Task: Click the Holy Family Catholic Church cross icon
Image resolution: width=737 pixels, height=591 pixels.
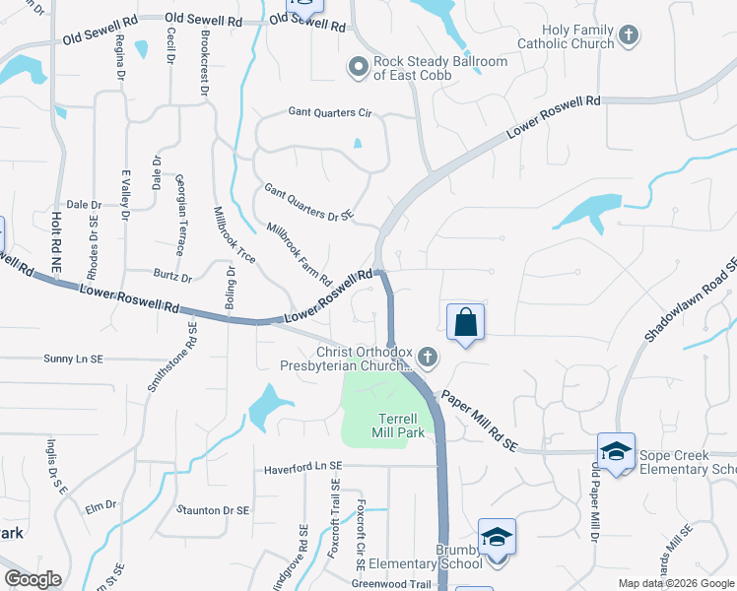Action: (629, 37)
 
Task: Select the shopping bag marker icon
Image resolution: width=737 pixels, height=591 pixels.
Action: (465, 322)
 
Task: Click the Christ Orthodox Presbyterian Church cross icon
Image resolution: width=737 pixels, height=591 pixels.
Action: (427, 356)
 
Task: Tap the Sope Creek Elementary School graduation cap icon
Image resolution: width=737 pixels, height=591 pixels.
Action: (616, 451)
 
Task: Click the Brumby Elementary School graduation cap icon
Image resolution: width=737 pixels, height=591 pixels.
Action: (498, 537)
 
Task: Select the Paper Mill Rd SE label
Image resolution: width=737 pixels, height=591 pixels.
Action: (478, 419)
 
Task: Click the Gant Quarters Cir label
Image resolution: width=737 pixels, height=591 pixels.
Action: (329, 113)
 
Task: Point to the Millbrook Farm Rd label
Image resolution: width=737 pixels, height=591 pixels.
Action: (300, 253)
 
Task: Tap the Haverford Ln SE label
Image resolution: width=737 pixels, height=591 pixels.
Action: (302, 467)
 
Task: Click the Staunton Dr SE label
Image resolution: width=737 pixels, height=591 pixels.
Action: (213, 510)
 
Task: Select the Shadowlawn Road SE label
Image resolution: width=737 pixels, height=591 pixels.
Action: (693, 301)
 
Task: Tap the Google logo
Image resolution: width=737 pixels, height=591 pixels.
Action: (33, 579)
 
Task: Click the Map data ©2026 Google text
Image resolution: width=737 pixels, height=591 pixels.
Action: (676, 583)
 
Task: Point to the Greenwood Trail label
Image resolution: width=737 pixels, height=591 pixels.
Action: (392, 583)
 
